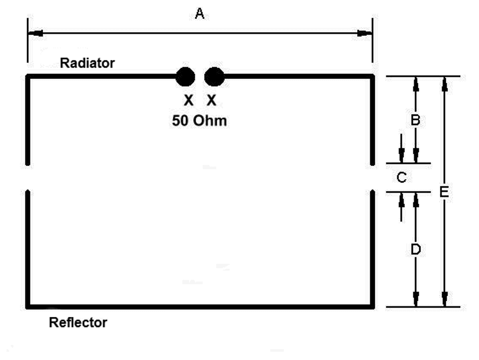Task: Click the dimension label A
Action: point(200,14)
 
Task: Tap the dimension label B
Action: point(415,120)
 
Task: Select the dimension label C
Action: point(402,177)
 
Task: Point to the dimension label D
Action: point(416,249)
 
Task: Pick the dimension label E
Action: point(444,192)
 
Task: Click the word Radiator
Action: point(87,63)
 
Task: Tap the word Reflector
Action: point(78,322)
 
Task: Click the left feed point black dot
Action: point(185,77)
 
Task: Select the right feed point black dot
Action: point(214,77)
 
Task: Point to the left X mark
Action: point(189,100)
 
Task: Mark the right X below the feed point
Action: point(211,100)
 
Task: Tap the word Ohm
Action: point(210,121)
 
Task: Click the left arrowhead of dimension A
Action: point(36,34)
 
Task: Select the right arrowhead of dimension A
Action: point(364,34)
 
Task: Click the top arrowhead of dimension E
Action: point(445,84)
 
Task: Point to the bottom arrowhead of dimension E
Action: point(445,299)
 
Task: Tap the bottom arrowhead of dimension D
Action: point(416,299)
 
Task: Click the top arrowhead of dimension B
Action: point(416,84)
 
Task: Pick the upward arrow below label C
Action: point(402,207)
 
